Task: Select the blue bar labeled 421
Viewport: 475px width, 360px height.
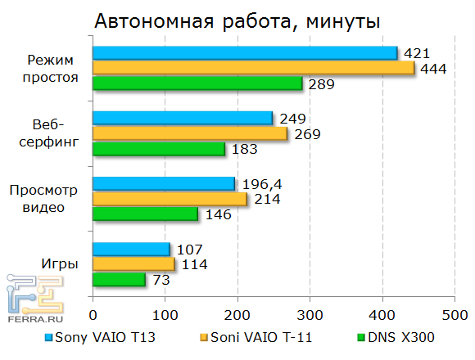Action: click(244, 53)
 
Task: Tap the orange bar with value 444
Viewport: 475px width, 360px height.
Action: click(253, 68)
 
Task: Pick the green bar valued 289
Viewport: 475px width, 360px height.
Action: click(197, 83)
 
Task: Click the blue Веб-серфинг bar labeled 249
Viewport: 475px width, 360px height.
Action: click(182, 119)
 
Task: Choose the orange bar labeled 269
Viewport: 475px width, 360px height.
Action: click(189, 133)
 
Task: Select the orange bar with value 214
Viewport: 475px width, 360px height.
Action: click(170, 199)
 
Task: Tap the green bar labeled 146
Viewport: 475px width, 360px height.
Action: click(145, 214)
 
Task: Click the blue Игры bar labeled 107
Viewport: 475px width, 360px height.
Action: click(131, 250)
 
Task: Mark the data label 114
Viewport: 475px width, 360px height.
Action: click(193, 264)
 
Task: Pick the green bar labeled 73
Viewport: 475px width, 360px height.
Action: click(119, 279)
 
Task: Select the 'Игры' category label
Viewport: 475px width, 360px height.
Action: click(60, 264)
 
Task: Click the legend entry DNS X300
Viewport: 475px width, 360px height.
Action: click(396, 336)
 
